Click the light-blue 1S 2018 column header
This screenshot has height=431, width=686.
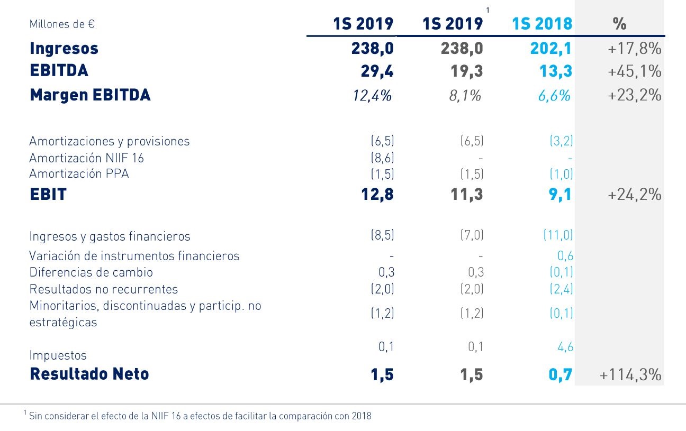point(542,24)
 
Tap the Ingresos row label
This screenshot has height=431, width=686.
point(64,49)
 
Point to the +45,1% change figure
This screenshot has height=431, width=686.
point(635,71)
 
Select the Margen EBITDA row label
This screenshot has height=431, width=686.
point(90,95)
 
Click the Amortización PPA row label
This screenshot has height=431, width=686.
point(79,173)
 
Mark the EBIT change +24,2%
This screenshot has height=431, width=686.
point(635,195)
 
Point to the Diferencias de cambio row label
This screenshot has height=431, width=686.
point(91,272)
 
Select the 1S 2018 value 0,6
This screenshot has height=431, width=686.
point(565,256)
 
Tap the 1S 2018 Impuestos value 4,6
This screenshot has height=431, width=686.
point(565,347)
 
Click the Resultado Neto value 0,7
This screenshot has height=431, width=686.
point(559,374)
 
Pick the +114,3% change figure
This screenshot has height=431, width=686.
point(630,374)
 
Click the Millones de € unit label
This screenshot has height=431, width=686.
point(62,24)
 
